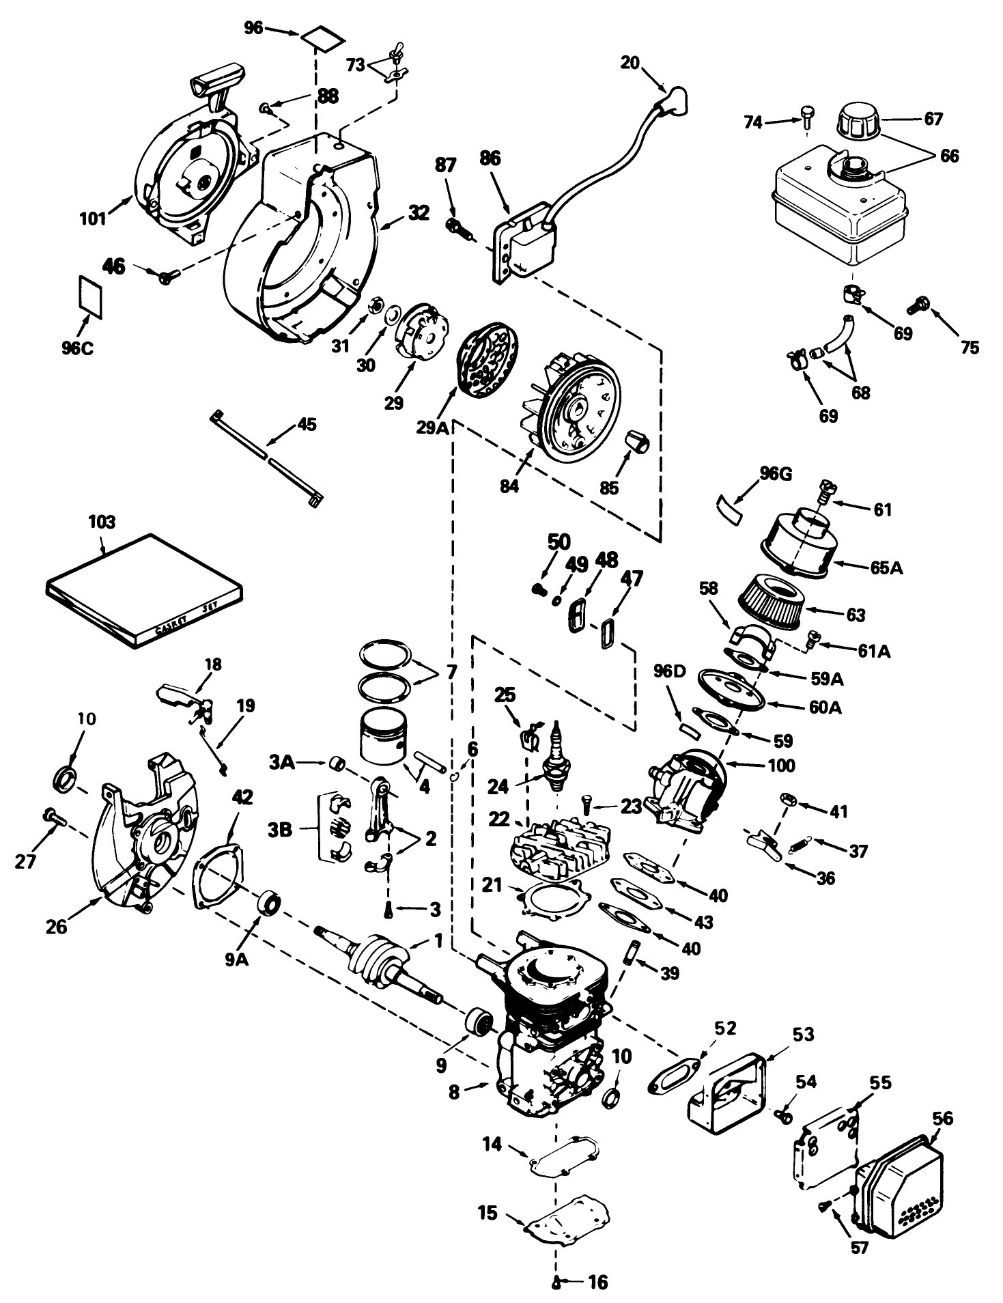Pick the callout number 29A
click(432, 427)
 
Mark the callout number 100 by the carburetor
click(780, 765)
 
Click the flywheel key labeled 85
click(638, 440)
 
